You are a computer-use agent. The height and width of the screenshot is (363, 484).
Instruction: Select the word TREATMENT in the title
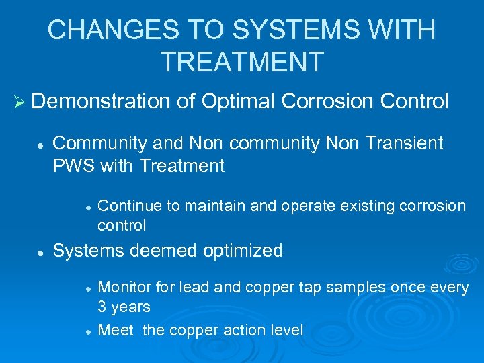point(242,62)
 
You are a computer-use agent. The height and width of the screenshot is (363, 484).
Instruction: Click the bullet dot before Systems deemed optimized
point(41,252)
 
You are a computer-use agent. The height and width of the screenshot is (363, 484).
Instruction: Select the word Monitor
point(122,288)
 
